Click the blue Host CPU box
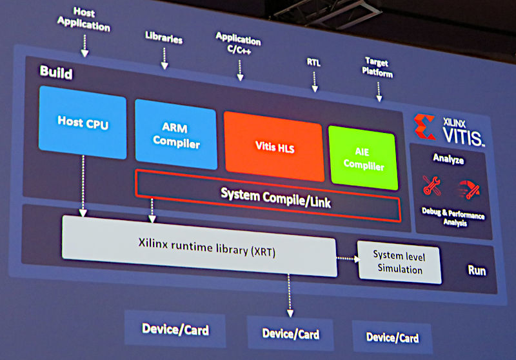83,123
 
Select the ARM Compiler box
176,135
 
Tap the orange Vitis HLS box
273,146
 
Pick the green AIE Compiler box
363,158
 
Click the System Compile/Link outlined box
268,195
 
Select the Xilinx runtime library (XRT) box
199,246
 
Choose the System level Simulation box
399,262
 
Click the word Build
56,72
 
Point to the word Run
477,270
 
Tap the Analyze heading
448,159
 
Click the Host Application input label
84,19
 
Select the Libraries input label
164,37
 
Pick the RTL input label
313,62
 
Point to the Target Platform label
377,67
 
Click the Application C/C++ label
238,43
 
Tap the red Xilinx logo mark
424,126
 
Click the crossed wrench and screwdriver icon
432,186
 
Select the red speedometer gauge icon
469,190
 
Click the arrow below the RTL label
315,82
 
